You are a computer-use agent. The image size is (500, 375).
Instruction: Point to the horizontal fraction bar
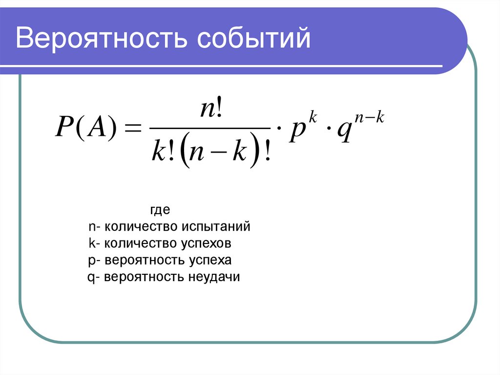(x=209, y=129)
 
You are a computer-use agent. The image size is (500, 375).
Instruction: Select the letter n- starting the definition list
(x=94, y=227)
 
